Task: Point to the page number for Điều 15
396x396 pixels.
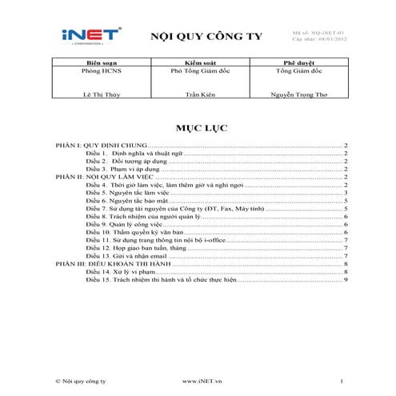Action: [x=346, y=279]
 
